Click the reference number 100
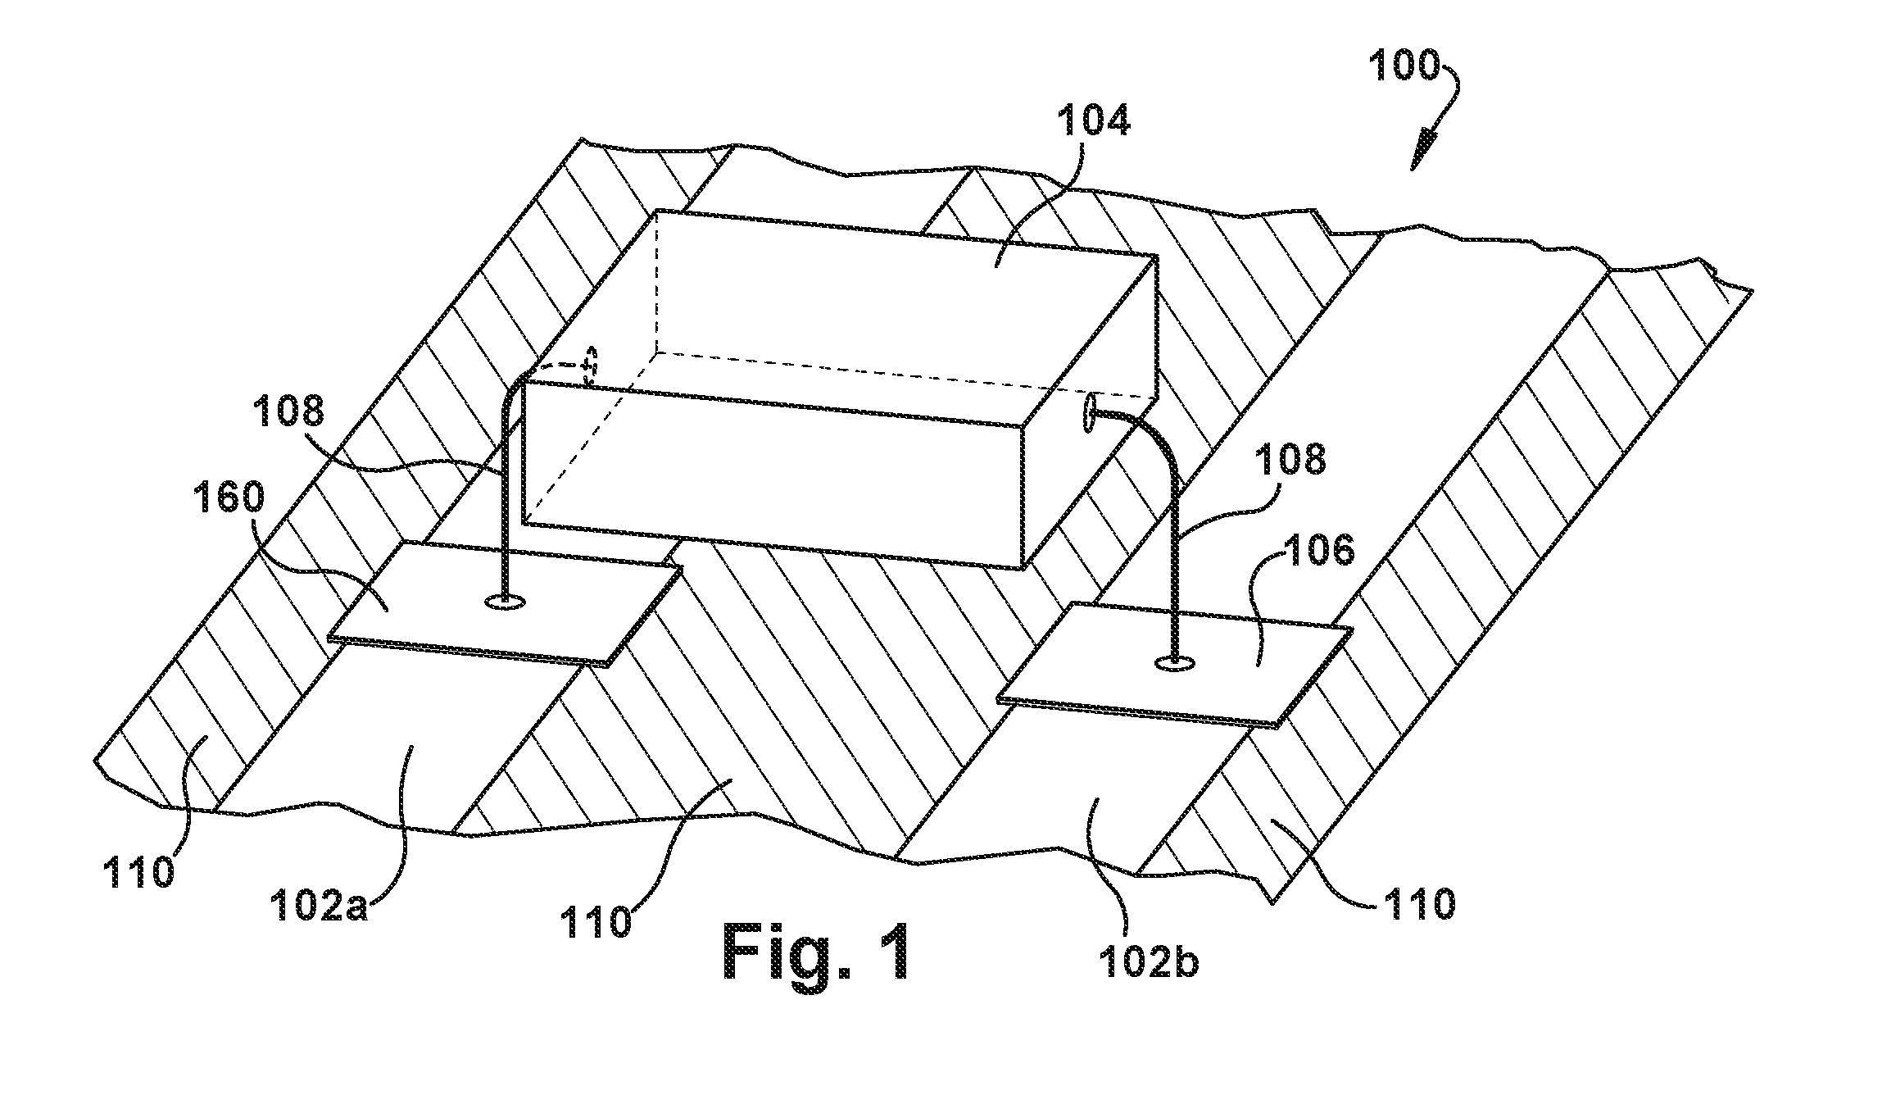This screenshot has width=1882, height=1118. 1404,66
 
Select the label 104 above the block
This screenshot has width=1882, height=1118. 1093,122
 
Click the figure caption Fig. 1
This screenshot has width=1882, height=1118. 817,952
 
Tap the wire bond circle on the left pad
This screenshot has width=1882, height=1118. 506,602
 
